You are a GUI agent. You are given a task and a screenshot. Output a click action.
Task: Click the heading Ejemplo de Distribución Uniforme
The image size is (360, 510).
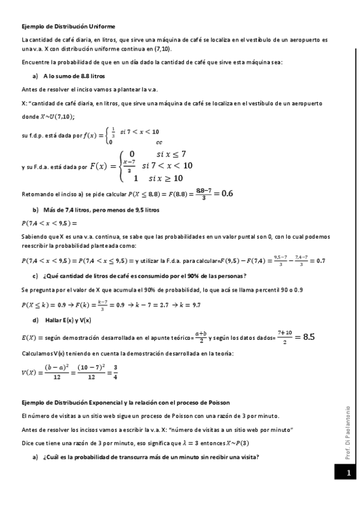[68, 27]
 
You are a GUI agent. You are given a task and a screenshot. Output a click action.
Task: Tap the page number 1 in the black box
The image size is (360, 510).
[348, 474]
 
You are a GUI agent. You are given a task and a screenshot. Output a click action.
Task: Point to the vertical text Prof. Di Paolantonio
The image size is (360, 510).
[348, 433]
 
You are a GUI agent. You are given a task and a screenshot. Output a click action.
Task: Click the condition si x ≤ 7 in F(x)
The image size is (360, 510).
[171, 153]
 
